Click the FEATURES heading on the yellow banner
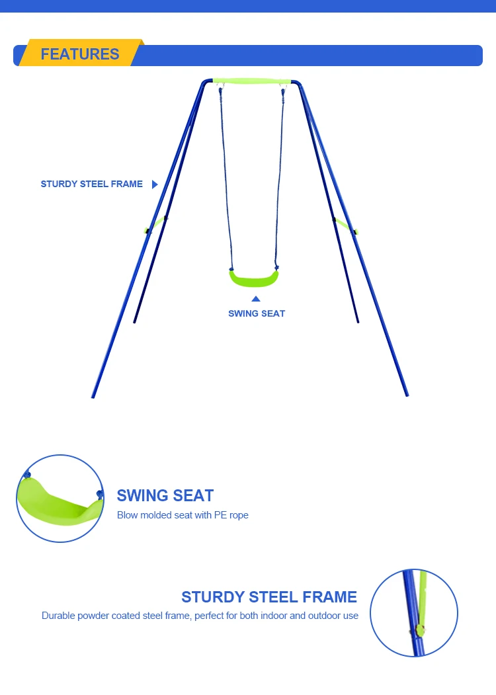point(79,54)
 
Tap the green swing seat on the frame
point(254,278)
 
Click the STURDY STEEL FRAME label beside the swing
point(91,184)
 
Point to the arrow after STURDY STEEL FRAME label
point(155,184)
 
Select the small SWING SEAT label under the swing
point(257,313)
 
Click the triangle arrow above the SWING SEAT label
point(256,299)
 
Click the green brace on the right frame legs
point(346,225)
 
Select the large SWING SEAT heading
point(165,495)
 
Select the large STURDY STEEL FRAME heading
point(269,597)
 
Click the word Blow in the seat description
point(127,515)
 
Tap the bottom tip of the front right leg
point(407,395)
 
